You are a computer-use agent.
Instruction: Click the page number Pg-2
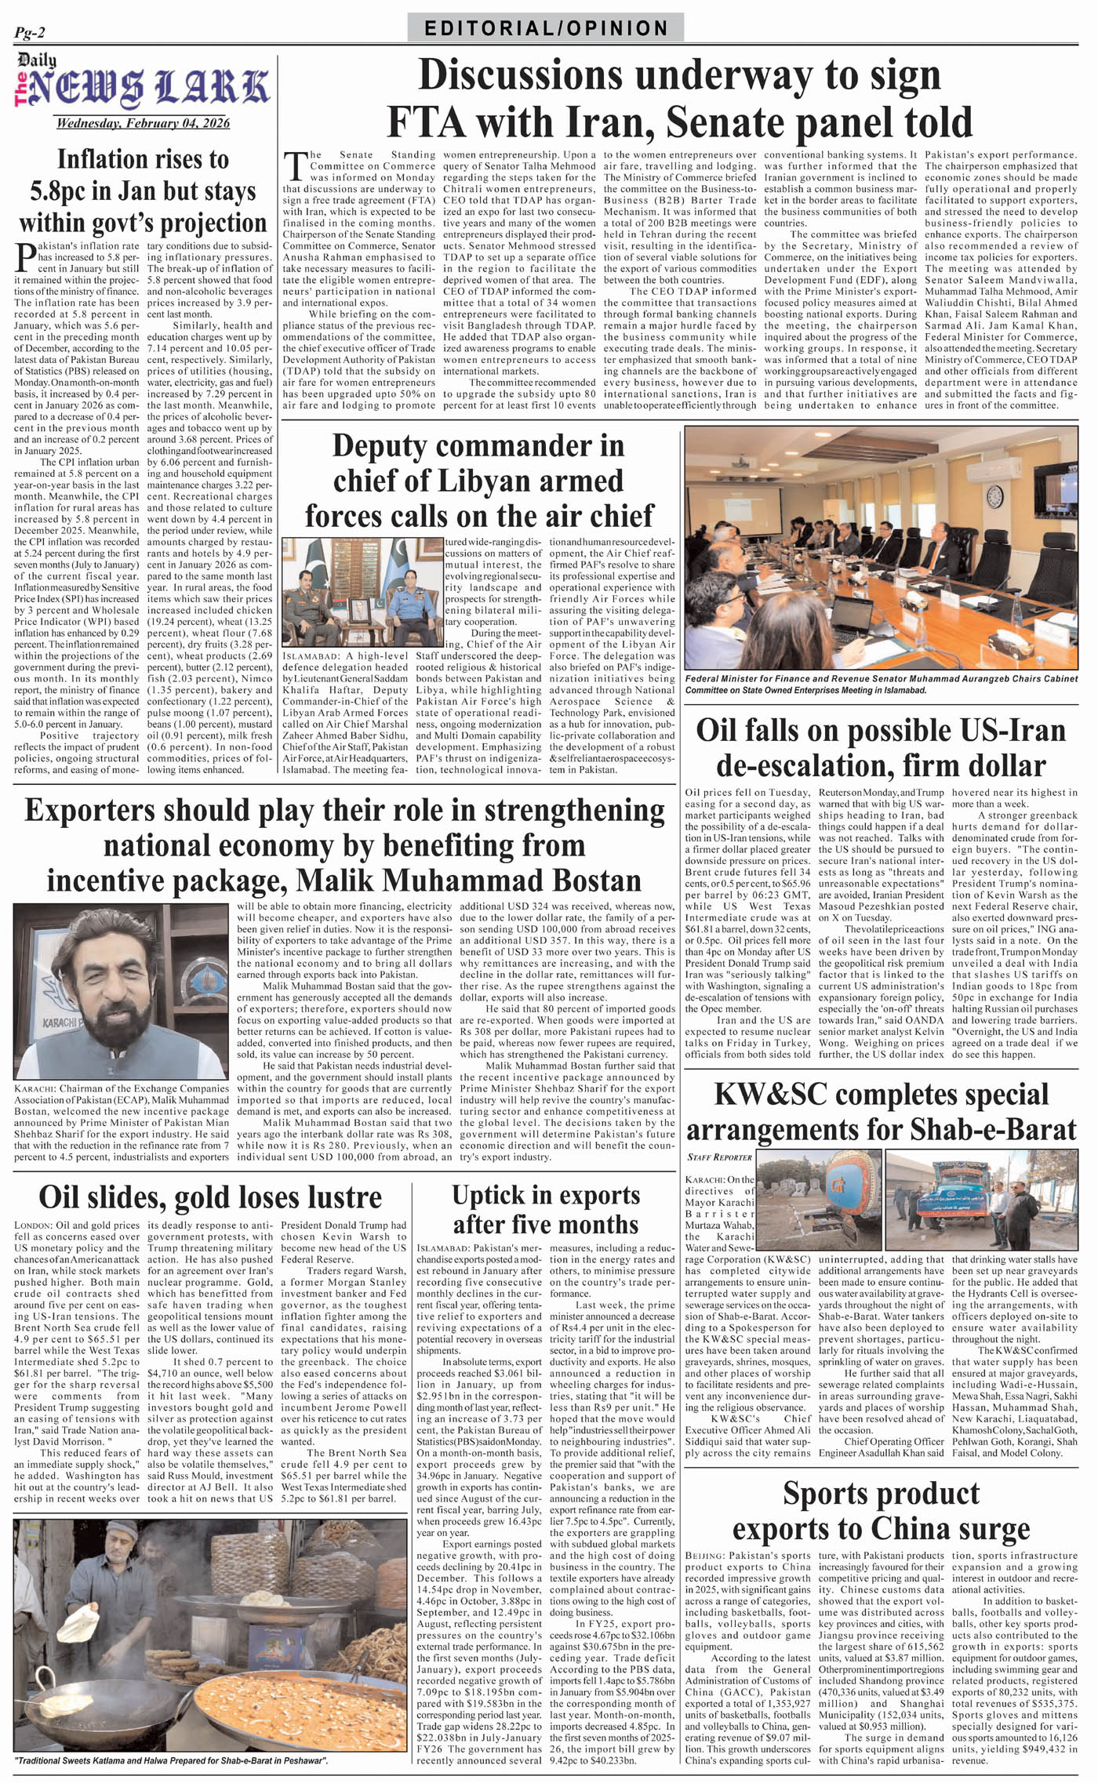point(30,32)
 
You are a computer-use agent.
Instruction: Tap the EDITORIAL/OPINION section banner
point(546,28)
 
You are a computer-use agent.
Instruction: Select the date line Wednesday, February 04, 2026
point(143,123)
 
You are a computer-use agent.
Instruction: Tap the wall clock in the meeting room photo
point(994,496)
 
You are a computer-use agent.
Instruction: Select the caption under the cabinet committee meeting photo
point(881,685)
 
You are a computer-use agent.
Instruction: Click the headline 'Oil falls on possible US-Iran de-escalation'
point(881,746)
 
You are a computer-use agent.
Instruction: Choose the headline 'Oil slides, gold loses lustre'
point(210,1197)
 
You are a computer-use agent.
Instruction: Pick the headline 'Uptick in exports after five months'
point(546,1209)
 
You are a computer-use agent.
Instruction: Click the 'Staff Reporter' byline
point(719,1157)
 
